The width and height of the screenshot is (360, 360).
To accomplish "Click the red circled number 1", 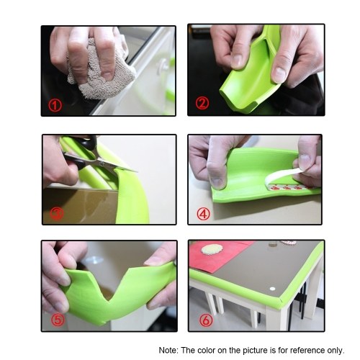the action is click(55, 105).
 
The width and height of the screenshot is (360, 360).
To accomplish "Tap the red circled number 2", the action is click(202, 103).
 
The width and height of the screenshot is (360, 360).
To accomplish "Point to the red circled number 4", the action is click(204, 214).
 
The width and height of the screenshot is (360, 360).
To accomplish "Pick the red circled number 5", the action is click(58, 319).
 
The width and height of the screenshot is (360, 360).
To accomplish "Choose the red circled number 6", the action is click(206, 320).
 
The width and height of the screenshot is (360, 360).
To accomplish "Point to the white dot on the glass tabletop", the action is click(272, 289).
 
